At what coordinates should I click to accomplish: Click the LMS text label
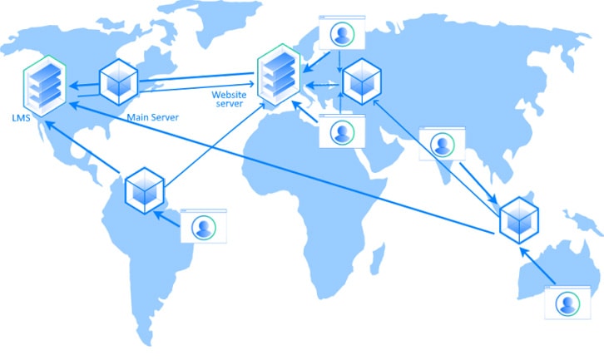click(21, 118)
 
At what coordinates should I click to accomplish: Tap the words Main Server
click(153, 117)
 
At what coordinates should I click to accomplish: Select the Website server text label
click(229, 99)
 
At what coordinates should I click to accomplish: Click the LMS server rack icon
click(45, 86)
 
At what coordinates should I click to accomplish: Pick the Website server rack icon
click(279, 75)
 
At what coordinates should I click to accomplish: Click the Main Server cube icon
click(119, 82)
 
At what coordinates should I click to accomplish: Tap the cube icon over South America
click(145, 190)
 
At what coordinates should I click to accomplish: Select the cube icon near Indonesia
click(519, 220)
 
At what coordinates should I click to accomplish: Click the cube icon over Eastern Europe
click(362, 81)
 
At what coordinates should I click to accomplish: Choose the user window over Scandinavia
click(342, 32)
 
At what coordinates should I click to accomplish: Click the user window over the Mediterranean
click(342, 131)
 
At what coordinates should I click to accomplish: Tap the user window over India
click(443, 143)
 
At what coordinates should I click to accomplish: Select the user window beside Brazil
click(204, 226)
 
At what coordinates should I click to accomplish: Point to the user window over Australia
click(567, 303)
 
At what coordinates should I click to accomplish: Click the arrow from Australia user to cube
click(537, 266)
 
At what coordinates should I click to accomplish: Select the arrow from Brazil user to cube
click(166, 219)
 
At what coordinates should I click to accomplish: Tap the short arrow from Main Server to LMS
click(84, 85)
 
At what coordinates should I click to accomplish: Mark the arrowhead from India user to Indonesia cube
click(493, 200)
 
